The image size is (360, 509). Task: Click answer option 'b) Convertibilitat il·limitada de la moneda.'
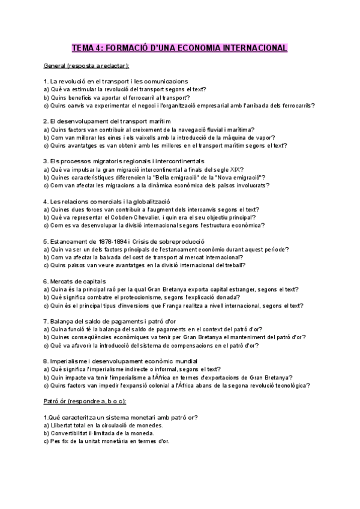(x=103, y=433)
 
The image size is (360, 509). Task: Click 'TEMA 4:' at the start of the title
(x=89, y=47)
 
